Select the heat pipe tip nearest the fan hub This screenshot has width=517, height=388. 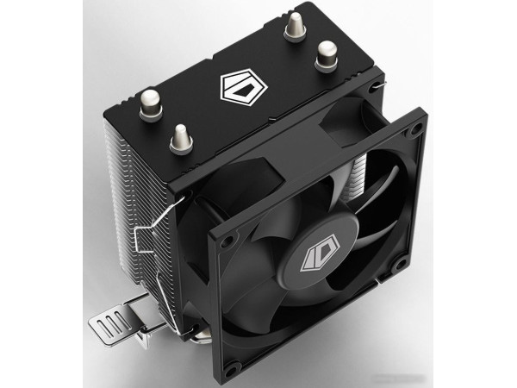[x=181, y=138]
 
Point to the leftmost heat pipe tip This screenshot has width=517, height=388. [x=150, y=104]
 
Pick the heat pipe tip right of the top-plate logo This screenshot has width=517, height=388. [x=327, y=56]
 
